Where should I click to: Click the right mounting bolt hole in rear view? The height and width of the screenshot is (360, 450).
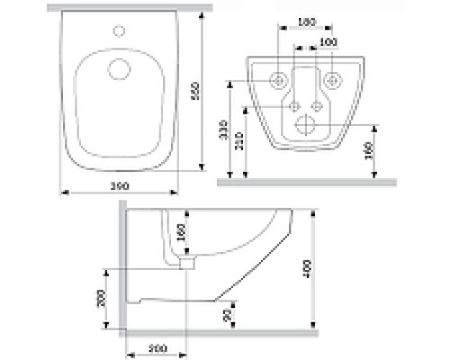(x=335, y=79)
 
